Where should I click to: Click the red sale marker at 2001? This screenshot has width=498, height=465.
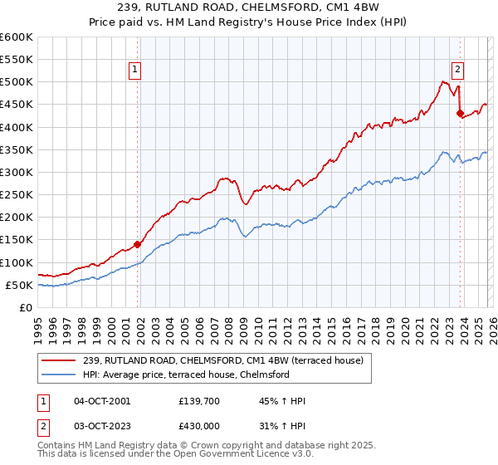[x=138, y=244]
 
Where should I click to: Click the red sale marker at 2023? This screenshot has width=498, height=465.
[x=460, y=114]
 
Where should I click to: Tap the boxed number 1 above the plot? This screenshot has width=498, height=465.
[x=135, y=71]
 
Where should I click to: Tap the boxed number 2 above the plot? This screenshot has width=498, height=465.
[x=457, y=71]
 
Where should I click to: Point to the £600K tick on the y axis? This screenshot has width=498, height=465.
[x=17, y=37]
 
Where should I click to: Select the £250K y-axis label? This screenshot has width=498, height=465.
[x=17, y=195]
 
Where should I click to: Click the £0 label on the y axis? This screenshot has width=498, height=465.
[x=27, y=308]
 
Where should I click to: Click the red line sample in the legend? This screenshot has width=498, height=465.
[x=59, y=360]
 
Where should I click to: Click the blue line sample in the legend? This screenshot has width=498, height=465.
[x=59, y=375]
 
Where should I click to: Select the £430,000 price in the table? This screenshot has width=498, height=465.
[x=200, y=424]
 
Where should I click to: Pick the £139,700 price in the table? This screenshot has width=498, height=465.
[x=200, y=401]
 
